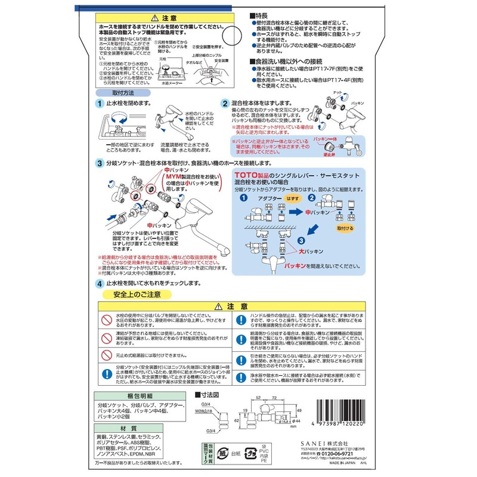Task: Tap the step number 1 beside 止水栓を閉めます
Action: point(99,103)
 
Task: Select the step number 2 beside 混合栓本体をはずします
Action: point(225,103)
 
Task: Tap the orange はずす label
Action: point(293,197)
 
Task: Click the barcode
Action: point(346,417)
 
